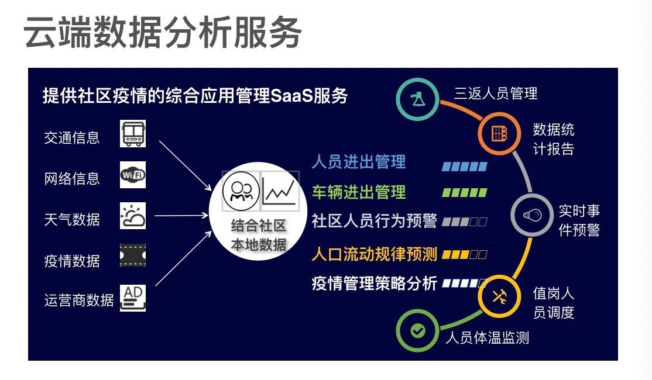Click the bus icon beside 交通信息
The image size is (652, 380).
pyautogui.click(x=133, y=134)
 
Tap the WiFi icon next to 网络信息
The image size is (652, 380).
pyautogui.click(x=133, y=175)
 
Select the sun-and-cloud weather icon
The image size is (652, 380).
pyautogui.click(x=133, y=216)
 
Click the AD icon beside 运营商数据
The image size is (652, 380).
pyautogui.click(x=133, y=298)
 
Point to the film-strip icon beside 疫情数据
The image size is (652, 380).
pyautogui.click(x=133, y=255)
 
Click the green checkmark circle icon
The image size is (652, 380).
pyautogui.click(x=417, y=331)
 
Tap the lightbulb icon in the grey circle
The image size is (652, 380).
pyautogui.click(x=532, y=215)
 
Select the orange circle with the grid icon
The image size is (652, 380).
pyautogui.click(x=499, y=134)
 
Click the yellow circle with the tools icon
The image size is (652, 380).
pyautogui.click(x=499, y=296)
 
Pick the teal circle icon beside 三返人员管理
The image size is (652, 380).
pyautogui.click(x=417, y=99)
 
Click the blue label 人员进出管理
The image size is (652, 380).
pyautogui.click(x=359, y=162)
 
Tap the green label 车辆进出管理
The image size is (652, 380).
pyautogui.click(x=359, y=192)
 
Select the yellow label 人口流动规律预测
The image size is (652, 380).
pyautogui.click(x=374, y=254)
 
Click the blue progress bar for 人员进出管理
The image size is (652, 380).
pyautogui.click(x=465, y=167)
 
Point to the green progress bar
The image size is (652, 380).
pyautogui.click(x=465, y=193)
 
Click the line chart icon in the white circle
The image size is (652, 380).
pyautogui.click(x=280, y=191)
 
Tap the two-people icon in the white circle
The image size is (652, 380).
pyautogui.click(x=241, y=191)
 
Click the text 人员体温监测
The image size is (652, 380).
pyautogui.click(x=488, y=338)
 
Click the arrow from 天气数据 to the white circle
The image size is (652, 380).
pyautogui.click(x=181, y=215)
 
